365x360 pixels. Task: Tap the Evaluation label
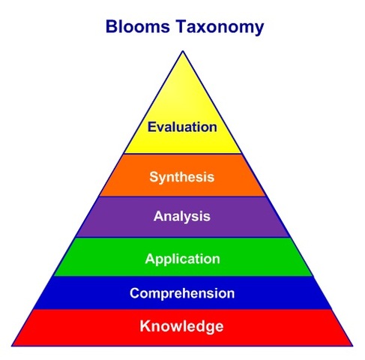(182, 127)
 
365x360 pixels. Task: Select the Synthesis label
(182, 178)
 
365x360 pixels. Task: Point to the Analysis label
(182, 217)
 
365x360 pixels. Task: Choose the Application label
(182, 259)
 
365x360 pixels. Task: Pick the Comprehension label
(182, 293)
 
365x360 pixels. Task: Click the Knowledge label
(182, 326)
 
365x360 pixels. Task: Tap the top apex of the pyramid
(182, 50)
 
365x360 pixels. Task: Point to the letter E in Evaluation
(151, 127)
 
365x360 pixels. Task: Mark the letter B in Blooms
(111, 28)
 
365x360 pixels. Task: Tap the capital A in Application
(150, 259)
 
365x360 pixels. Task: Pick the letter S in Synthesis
(154, 178)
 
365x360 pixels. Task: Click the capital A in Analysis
(158, 217)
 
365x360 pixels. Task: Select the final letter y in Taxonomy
(259, 30)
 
